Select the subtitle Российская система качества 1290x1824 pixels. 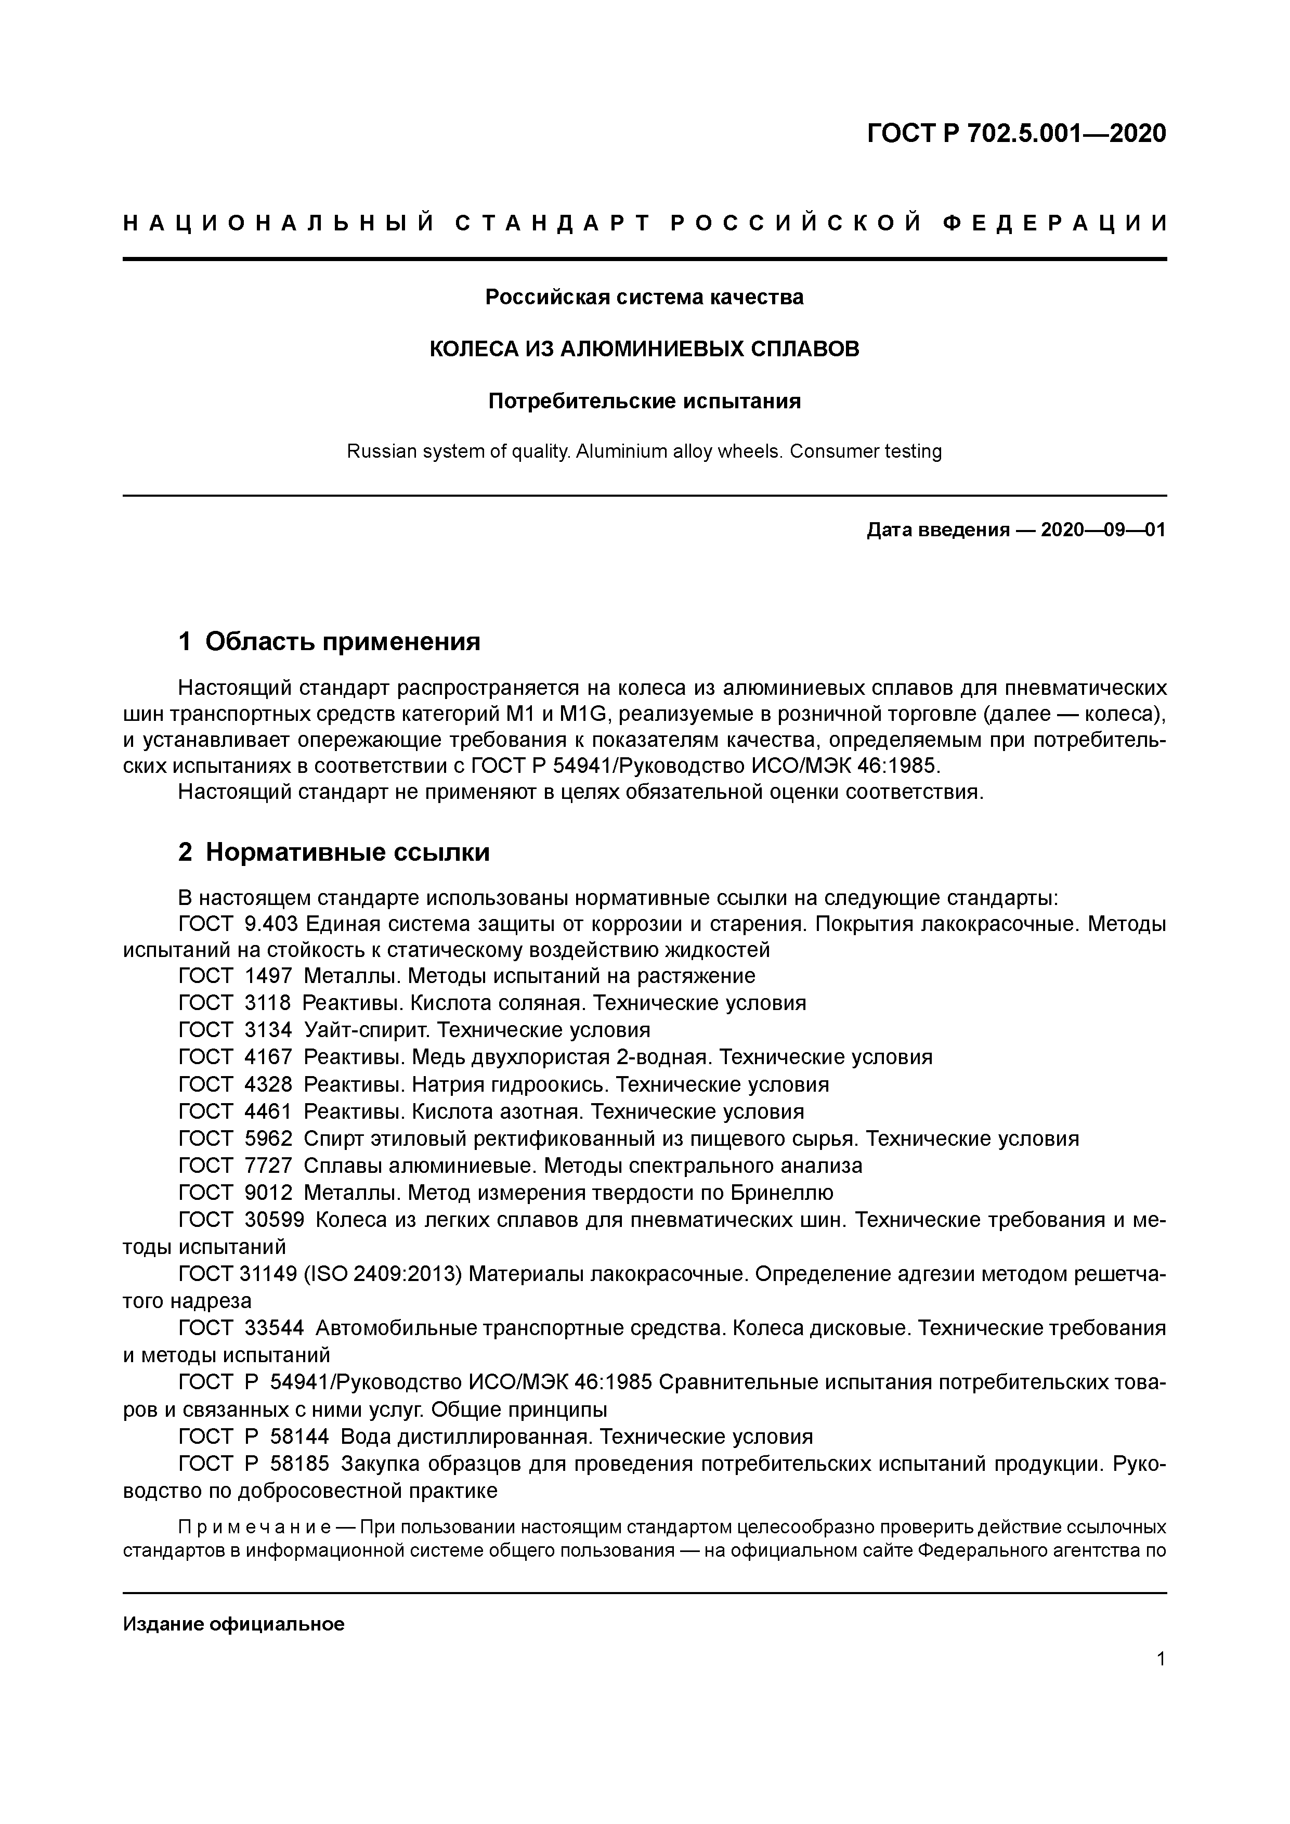point(644,297)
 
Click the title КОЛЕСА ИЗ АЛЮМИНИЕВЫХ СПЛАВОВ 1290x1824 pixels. point(644,349)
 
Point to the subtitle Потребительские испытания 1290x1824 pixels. point(644,401)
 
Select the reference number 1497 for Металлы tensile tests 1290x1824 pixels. point(268,976)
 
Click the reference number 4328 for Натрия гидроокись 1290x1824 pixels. point(268,1084)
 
